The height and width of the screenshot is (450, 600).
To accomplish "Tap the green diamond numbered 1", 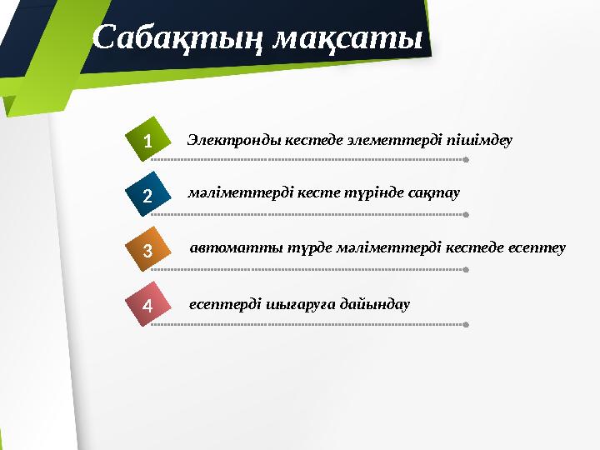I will click(x=147, y=141).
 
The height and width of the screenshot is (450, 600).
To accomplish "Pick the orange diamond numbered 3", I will click(x=147, y=250).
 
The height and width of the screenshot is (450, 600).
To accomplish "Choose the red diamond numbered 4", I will click(x=147, y=305).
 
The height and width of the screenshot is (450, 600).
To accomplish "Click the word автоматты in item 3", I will click(x=227, y=247).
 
